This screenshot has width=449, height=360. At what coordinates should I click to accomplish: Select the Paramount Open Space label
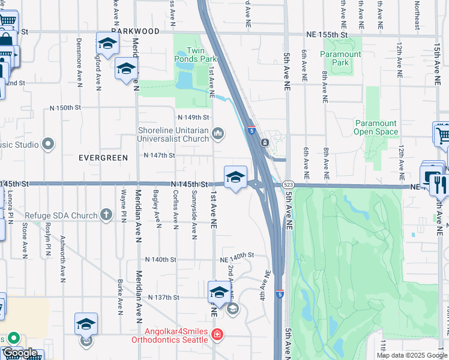(375, 127)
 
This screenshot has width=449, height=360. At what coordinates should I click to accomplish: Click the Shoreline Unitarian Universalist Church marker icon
(218, 133)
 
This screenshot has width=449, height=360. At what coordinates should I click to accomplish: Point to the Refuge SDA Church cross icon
(106, 214)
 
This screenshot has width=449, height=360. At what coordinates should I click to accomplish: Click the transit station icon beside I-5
(264, 143)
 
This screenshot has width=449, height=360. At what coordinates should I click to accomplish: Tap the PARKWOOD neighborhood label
(135, 31)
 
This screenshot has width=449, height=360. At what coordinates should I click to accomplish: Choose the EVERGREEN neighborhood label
(103, 158)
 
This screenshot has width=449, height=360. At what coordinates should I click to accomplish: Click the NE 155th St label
(326, 35)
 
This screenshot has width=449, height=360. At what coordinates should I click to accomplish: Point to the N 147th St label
(159, 155)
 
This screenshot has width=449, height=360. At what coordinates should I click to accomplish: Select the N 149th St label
(193, 117)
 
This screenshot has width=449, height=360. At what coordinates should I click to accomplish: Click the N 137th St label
(165, 297)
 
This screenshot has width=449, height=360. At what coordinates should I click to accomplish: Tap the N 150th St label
(65, 108)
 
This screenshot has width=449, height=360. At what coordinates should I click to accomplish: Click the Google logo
(20, 353)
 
